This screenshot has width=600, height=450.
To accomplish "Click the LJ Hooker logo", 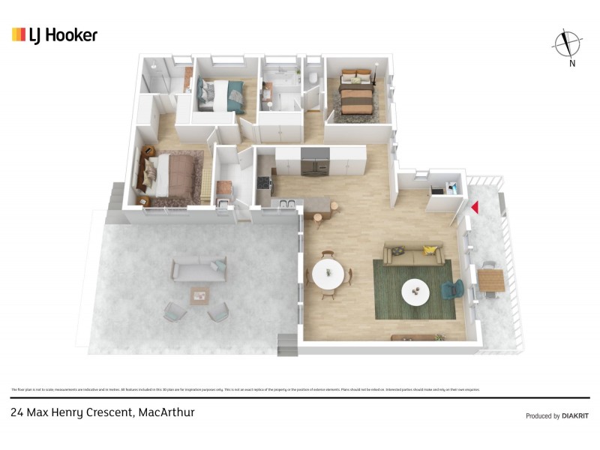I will coord(54,35).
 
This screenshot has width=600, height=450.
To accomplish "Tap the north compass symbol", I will coord(568,44).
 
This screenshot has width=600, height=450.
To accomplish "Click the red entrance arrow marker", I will coord(473,207).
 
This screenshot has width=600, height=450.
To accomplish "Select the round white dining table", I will coord(328,274).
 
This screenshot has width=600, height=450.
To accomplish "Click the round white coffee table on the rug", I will coord(416,291).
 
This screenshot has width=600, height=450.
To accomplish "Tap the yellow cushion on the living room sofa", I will coord(430,250).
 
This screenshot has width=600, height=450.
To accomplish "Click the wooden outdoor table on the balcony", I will coord(492,281).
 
